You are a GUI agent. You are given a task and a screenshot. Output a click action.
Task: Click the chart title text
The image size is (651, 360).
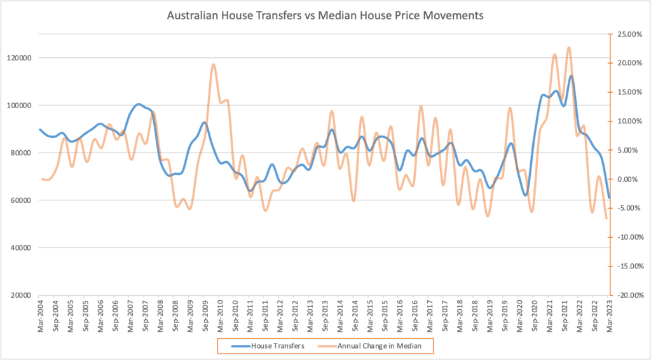[325, 13]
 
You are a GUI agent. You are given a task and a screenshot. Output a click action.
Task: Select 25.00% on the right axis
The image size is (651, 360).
[627, 34]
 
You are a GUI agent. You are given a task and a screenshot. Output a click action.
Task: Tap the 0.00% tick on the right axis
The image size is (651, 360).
[629, 179]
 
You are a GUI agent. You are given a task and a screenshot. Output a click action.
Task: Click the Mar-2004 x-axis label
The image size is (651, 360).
[41, 315]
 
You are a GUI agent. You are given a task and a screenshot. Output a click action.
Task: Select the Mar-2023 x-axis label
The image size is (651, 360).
[608, 315]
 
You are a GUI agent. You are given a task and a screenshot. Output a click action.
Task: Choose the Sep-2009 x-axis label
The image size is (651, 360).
[205, 315]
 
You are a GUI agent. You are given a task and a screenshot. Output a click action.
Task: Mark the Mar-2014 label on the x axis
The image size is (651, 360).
[339, 315]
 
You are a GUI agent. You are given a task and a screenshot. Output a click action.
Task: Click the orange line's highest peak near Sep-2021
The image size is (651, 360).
[568, 48]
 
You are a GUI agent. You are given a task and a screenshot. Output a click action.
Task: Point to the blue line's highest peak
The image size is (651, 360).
[571, 76]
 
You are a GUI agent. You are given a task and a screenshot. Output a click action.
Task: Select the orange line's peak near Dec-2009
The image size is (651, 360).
[213, 64]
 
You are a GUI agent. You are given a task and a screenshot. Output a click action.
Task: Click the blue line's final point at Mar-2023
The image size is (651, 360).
[608, 198]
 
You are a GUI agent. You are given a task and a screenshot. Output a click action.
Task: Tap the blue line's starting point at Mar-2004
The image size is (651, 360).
[41, 130]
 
